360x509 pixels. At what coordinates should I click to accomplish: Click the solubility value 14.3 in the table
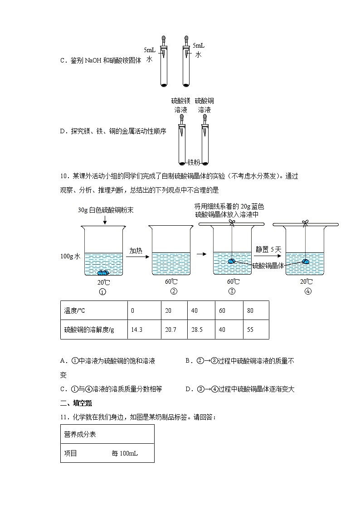(136, 330)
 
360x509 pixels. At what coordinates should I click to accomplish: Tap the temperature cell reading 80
(251, 311)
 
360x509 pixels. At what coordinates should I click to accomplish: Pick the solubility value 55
(251, 330)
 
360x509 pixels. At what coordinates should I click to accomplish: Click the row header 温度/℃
(75, 311)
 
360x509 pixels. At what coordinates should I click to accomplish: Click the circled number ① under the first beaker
(102, 292)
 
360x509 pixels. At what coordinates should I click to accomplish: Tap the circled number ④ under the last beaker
(308, 291)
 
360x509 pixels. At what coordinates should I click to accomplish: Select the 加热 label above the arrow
(136, 250)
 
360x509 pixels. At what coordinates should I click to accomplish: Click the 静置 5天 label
(268, 249)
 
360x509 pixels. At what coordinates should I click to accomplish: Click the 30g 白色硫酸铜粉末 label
(105, 211)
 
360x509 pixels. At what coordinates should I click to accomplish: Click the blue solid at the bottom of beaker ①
(104, 272)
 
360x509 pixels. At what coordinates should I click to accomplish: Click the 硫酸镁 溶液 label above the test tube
(180, 105)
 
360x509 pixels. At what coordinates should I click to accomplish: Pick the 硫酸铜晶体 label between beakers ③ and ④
(268, 266)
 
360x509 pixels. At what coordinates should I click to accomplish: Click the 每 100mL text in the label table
(125, 453)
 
